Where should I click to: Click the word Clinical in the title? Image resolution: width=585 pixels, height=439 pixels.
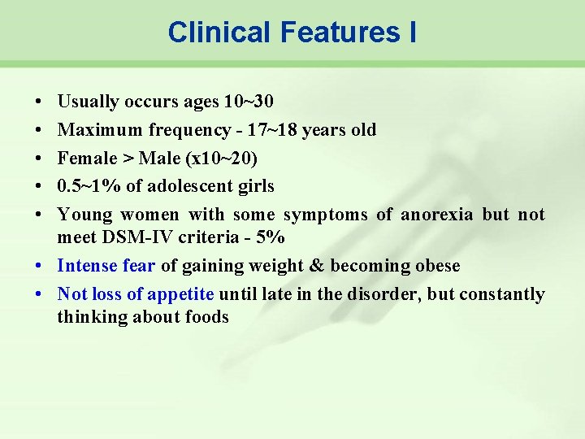[219, 32]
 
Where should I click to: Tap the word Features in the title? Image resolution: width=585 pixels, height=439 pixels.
[340, 32]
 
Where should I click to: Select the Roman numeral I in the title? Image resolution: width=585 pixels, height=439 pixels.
[412, 32]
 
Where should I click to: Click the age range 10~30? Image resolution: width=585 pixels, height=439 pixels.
[249, 101]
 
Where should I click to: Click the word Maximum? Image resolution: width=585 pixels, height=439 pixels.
[100, 130]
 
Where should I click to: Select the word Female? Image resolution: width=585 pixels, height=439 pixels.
[87, 159]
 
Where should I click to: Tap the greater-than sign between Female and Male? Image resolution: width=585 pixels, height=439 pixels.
[128, 159]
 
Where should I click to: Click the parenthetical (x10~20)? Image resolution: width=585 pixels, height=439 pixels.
[222, 159]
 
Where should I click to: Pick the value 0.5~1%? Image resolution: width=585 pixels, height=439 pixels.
[89, 186]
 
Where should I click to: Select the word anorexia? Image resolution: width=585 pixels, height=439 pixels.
[437, 215]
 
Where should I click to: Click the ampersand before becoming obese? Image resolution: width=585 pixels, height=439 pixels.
[317, 266]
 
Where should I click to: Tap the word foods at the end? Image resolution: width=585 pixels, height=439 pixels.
[207, 317]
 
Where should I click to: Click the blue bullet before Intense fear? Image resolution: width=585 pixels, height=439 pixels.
[38, 266]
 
